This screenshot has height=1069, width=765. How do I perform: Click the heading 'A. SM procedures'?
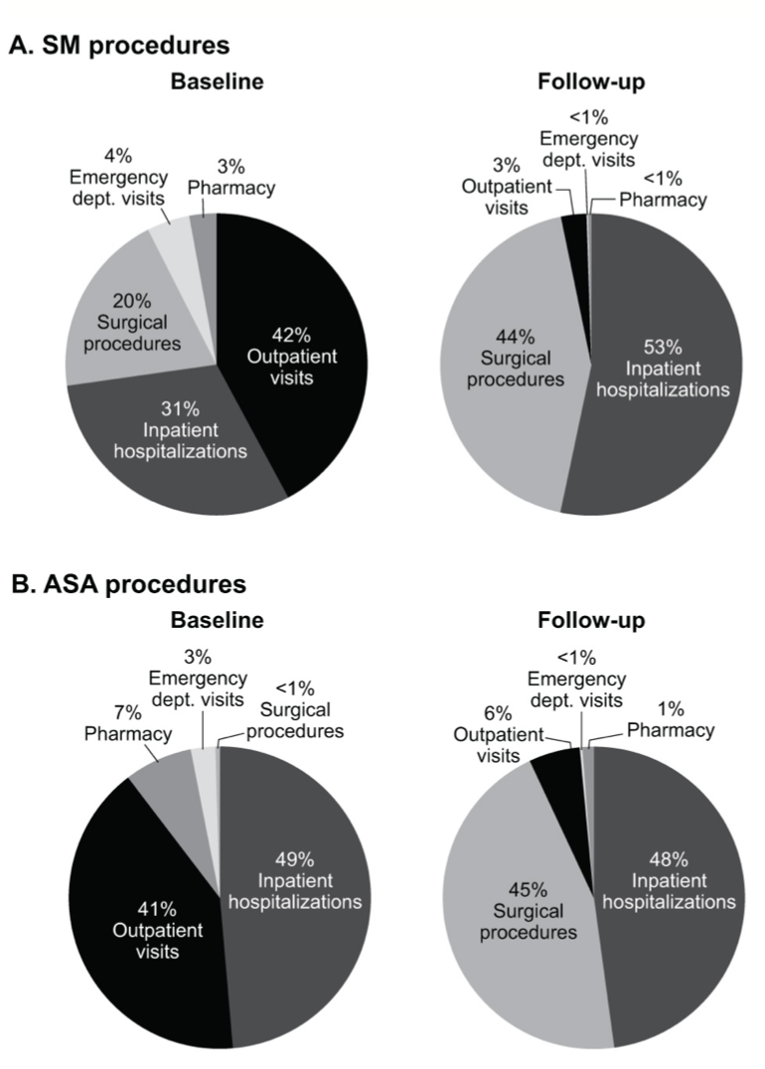click(118, 45)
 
